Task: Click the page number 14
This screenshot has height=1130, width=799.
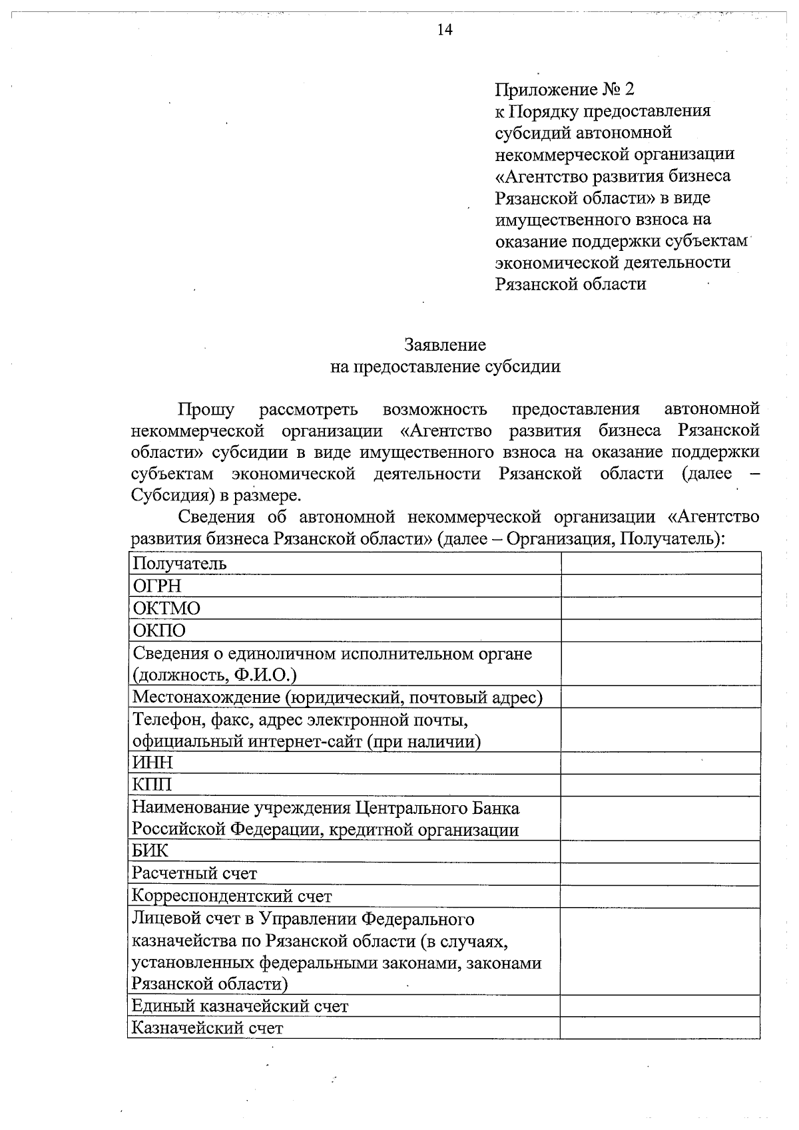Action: pyautogui.click(x=444, y=30)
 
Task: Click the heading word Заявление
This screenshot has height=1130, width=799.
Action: pyautogui.click(x=445, y=345)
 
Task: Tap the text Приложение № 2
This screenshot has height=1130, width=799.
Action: pyautogui.click(x=565, y=89)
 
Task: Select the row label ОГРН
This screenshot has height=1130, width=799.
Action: pyautogui.click(x=157, y=586)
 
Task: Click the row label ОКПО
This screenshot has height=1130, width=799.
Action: pyautogui.click(x=159, y=631)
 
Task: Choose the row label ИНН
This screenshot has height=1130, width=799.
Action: pyautogui.click(x=152, y=763)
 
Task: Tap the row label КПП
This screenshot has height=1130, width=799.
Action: pyautogui.click(x=152, y=785)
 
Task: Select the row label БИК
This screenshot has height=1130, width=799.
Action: pyautogui.click(x=150, y=851)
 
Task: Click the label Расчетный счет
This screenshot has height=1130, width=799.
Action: pyautogui.click(x=194, y=874)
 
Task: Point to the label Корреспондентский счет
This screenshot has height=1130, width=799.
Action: pyautogui.click(x=232, y=896)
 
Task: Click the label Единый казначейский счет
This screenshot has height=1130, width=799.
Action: pyautogui.click(x=240, y=1006)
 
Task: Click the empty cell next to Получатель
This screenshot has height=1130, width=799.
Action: pyautogui.click(x=660, y=564)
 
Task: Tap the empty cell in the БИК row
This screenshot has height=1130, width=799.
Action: pyautogui.click(x=660, y=851)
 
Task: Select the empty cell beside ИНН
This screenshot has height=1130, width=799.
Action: pyautogui.click(x=660, y=763)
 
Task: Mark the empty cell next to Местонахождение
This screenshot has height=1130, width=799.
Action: pyautogui.click(x=660, y=697)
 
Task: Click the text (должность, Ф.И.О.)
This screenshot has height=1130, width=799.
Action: pyautogui.click(x=214, y=675)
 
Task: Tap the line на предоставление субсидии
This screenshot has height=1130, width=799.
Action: pyautogui.click(x=445, y=367)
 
